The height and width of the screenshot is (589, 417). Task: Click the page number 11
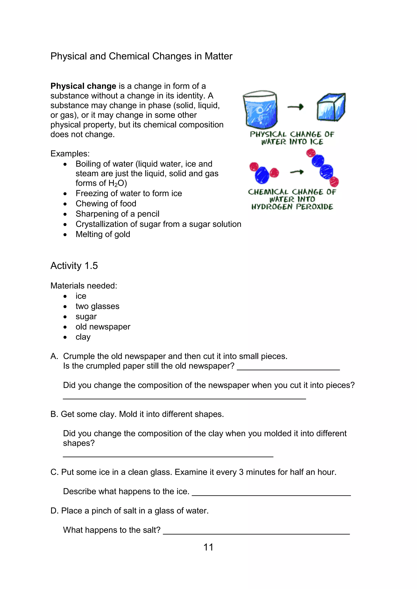(x=208, y=547)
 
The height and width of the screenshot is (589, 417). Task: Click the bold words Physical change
(x=83, y=86)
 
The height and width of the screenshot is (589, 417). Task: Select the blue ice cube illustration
(x=331, y=107)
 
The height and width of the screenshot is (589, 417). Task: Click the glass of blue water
(x=260, y=109)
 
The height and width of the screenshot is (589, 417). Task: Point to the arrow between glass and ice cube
(x=296, y=107)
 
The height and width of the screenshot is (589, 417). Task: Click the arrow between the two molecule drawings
(x=297, y=172)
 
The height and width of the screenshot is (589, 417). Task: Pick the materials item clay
(x=83, y=337)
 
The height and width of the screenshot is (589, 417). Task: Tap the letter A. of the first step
(x=54, y=356)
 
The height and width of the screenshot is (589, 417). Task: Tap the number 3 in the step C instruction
(x=241, y=472)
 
